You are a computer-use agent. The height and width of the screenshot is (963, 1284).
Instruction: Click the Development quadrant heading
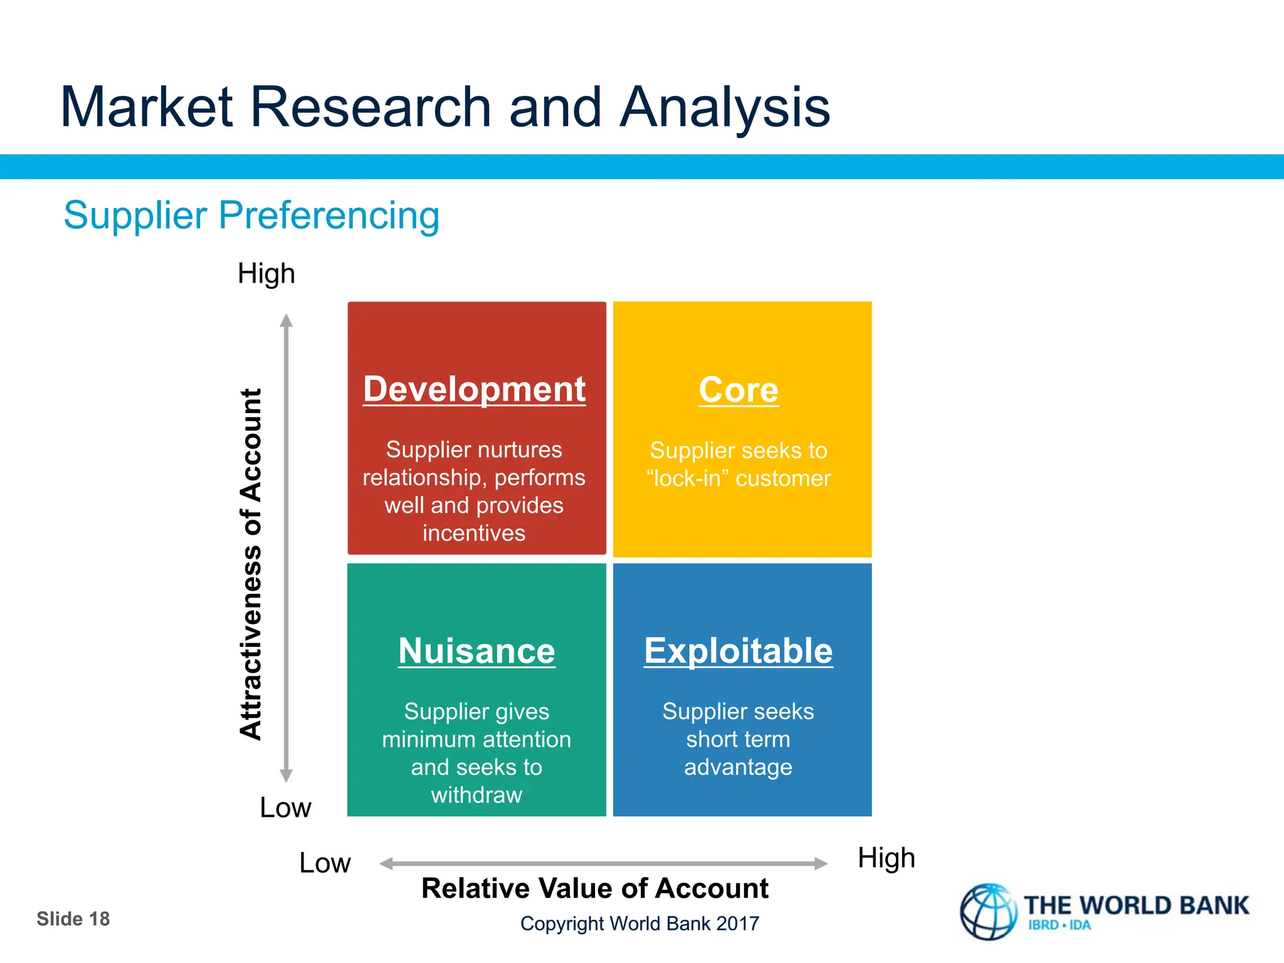click(x=474, y=389)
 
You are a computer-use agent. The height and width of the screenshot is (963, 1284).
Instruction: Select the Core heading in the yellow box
click(x=739, y=390)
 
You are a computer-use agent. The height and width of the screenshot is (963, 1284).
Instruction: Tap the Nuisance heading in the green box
click(x=476, y=651)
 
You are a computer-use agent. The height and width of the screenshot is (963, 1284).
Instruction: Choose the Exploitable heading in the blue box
click(x=738, y=651)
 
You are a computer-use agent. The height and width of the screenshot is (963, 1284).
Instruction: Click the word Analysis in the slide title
click(x=725, y=107)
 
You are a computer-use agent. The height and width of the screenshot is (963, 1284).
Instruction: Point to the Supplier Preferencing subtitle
click(x=251, y=215)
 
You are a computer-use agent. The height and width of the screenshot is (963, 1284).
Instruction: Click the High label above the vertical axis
click(x=266, y=274)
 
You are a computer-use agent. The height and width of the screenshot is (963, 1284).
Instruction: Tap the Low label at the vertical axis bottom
click(x=285, y=808)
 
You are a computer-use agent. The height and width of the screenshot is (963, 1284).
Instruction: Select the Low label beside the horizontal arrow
click(x=325, y=863)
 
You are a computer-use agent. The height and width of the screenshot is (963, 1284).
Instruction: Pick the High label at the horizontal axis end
click(x=886, y=858)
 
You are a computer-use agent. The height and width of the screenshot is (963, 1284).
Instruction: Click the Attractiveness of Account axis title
click(x=251, y=564)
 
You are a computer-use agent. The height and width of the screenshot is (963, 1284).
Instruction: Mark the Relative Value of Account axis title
click(x=594, y=888)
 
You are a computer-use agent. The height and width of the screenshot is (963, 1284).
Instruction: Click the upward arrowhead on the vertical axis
click(x=287, y=321)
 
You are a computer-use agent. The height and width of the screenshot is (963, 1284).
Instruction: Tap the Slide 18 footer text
click(x=73, y=919)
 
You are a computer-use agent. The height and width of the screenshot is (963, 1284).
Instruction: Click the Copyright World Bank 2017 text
click(x=639, y=924)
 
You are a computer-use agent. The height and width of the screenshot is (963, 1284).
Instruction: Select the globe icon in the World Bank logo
click(x=988, y=912)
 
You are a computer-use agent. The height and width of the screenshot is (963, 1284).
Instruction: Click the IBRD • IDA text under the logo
click(x=1059, y=925)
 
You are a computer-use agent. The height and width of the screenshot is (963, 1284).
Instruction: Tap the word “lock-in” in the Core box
click(x=687, y=479)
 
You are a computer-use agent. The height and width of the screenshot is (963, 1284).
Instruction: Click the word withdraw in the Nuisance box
click(x=476, y=795)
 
